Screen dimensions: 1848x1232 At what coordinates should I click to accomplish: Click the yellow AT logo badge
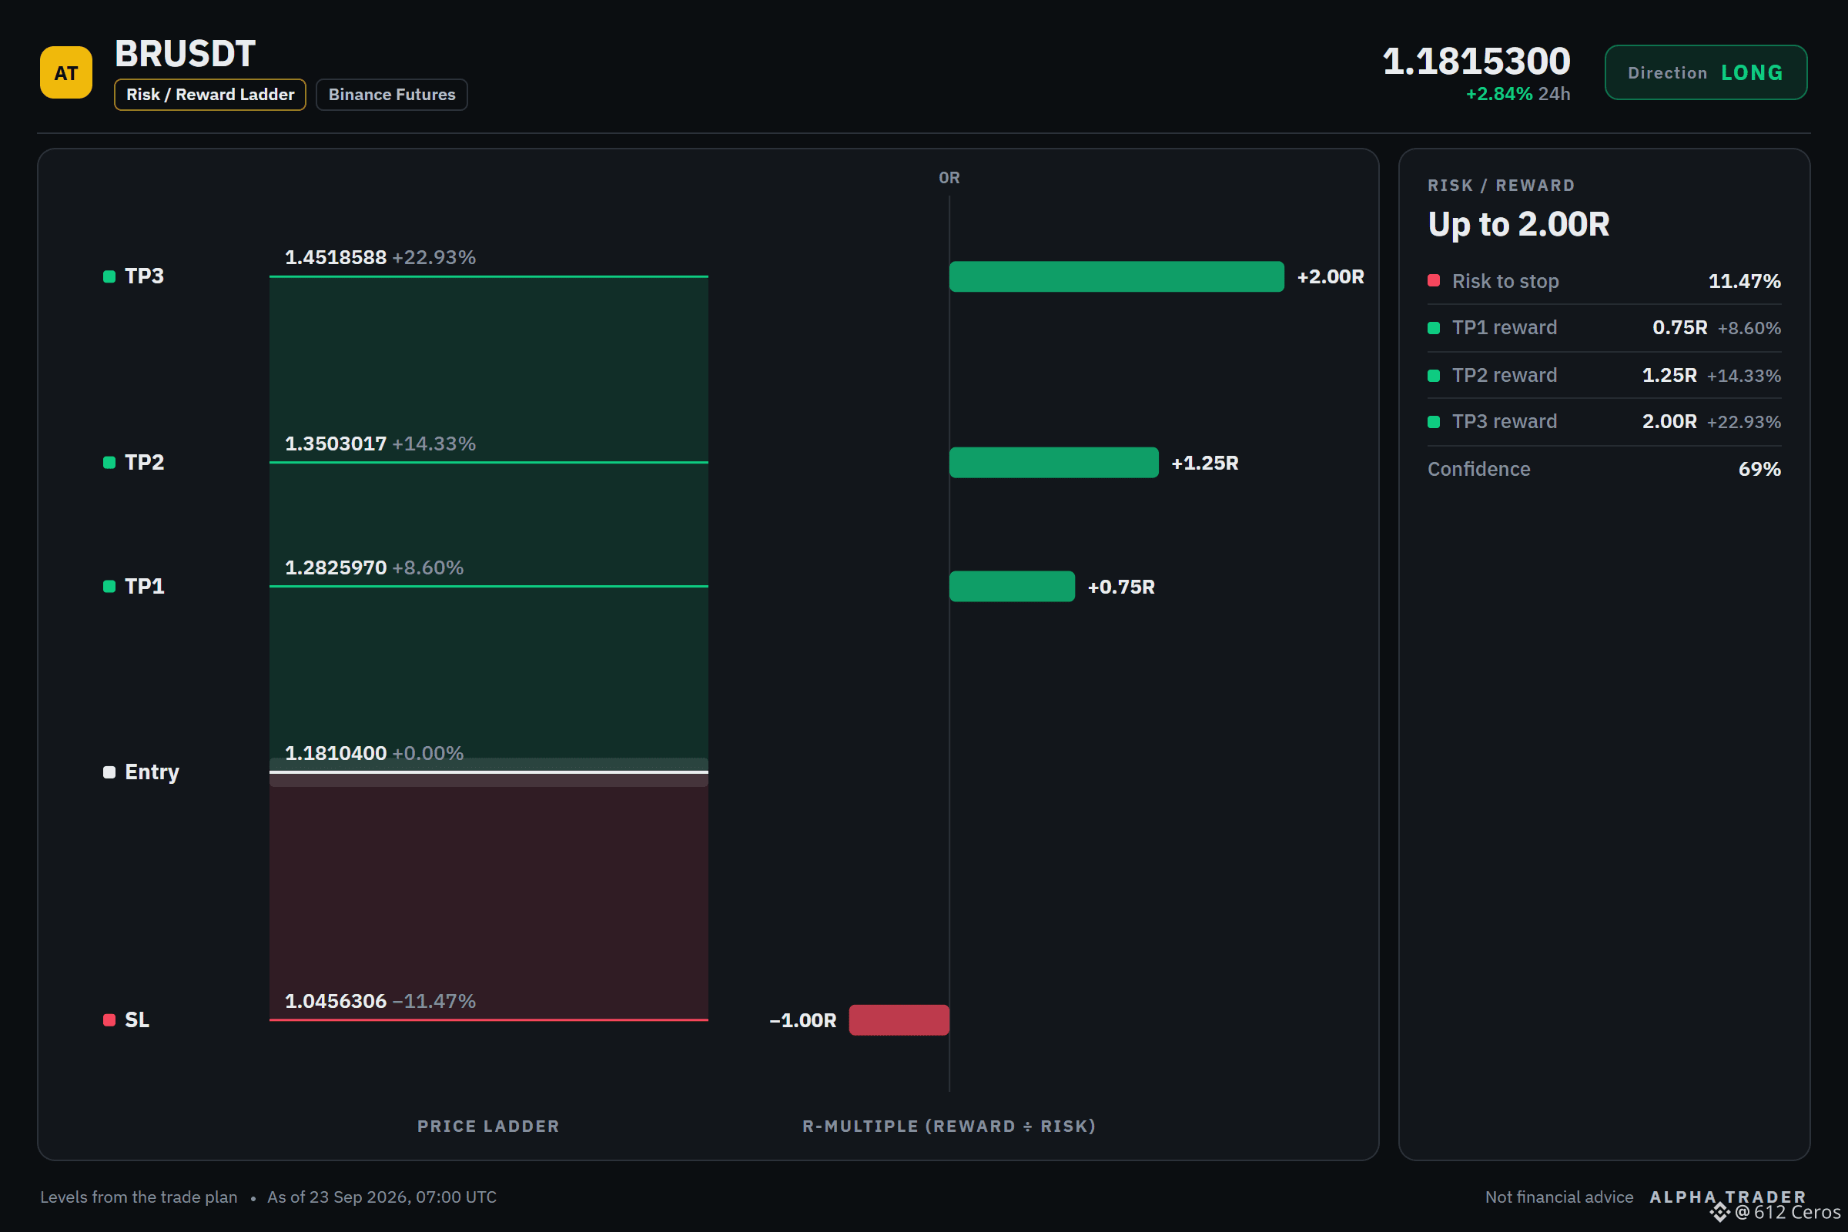coord(66,72)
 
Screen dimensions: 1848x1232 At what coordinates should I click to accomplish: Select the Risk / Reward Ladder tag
coord(209,94)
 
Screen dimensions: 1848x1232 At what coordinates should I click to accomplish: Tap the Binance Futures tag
coord(391,94)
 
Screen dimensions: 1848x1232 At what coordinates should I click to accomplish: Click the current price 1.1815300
coord(1475,61)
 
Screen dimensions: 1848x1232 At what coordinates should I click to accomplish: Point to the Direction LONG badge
coord(1705,72)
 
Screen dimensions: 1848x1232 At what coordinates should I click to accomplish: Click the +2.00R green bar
coord(1116,276)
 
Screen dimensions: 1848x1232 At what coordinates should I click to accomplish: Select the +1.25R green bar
coord(1053,463)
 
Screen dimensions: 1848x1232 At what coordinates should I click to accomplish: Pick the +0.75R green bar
coord(1012,586)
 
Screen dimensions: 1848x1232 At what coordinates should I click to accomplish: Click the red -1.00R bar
coord(899,1019)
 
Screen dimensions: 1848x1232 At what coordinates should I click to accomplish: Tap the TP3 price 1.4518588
coord(336,258)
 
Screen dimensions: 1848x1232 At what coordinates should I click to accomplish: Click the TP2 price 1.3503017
coord(336,444)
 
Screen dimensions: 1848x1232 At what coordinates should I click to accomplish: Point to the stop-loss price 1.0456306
coord(336,1001)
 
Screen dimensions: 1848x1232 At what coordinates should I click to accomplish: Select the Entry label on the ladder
coord(152,772)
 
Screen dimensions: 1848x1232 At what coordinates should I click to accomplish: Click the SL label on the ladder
coord(137,1019)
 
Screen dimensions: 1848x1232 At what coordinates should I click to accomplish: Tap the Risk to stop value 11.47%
coord(1744,281)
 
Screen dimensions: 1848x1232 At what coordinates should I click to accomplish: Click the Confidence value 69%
coord(1759,469)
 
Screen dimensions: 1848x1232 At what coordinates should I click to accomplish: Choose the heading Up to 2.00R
coord(1518,225)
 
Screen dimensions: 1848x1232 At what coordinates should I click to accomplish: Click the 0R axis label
coord(949,179)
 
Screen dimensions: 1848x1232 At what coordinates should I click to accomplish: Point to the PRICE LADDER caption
coord(488,1126)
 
